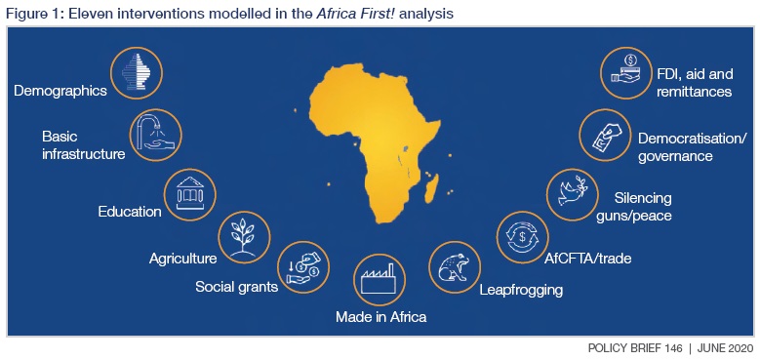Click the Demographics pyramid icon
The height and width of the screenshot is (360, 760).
coord(136,72)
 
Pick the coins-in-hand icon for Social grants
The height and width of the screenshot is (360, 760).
coord(303,264)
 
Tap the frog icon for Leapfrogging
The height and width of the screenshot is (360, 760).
coord(454,265)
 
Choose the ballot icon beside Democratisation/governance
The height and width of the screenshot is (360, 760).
coord(605,134)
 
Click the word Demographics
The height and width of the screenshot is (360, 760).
coord(60,91)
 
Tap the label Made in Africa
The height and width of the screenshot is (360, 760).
coord(380,317)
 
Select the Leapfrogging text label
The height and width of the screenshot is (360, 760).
coord(521,289)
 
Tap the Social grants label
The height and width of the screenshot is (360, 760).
coord(236,287)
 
